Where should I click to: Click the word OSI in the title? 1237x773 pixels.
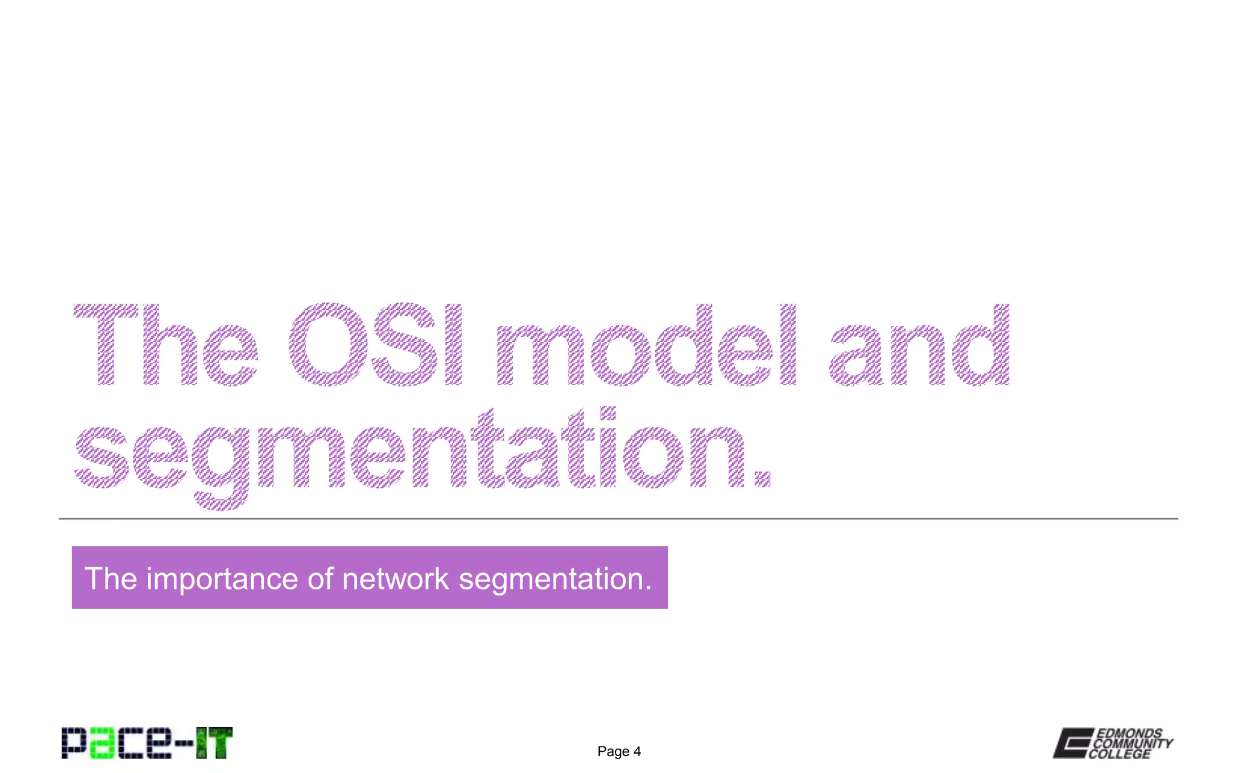[375, 344]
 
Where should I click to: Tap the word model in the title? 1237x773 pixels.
[646, 344]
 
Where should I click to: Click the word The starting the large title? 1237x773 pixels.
[166, 344]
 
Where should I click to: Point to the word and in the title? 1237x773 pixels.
[919, 344]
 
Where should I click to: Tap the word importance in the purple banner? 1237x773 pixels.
[222, 579]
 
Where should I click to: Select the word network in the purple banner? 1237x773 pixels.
[395, 579]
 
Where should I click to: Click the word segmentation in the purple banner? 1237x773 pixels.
[554, 579]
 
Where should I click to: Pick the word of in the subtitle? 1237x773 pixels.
[320, 579]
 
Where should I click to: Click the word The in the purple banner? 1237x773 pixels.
[111, 579]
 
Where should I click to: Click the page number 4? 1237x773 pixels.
[637, 752]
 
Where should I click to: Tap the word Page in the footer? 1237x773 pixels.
[613, 752]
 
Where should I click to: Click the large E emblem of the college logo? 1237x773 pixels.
[1073, 743]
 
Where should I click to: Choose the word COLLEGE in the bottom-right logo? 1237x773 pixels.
[1119, 754]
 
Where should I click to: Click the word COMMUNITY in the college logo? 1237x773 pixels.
[1133, 744]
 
